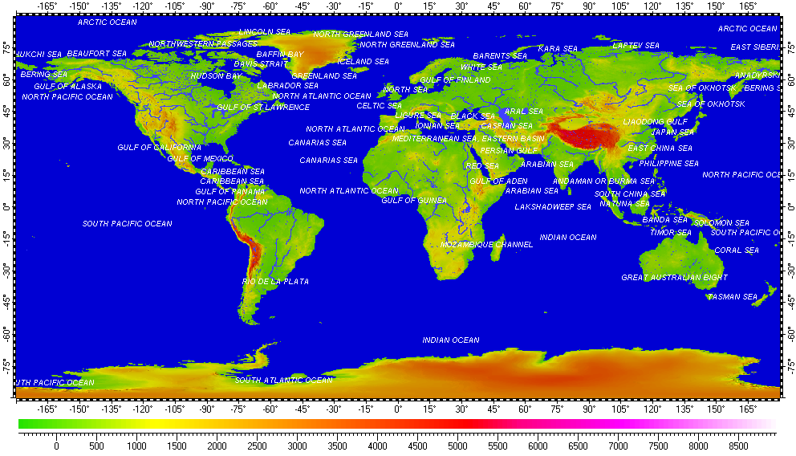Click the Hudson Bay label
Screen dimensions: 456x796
tap(216, 76)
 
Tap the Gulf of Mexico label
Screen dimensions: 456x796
tap(200, 159)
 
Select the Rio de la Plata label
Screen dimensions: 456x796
tap(275, 282)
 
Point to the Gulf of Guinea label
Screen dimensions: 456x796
tap(414, 201)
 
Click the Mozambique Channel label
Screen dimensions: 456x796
tap(486, 245)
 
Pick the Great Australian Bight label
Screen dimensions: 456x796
tap(674, 278)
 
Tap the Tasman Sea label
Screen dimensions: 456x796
tap(732, 297)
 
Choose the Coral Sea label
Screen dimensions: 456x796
tap(736, 250)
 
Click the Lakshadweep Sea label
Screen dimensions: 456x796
tap(552, 207)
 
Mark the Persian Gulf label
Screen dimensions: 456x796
tap(509, 151)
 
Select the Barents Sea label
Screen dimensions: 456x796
tap(500, 56)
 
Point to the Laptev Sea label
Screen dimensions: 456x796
tap(636, 46)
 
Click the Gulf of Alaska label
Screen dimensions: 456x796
tap(67, 87)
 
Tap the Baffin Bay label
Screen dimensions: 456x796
tap(280, 55)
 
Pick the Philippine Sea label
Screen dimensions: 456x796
tap(668, 164)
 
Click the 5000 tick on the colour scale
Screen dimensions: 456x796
tap(457, 445)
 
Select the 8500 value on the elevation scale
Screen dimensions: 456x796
tap(738, 445)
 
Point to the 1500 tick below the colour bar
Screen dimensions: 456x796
tap(177, 445)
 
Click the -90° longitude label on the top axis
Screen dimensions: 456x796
tap(206, 6)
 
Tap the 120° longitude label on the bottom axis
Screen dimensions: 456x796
tap(652, 408)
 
